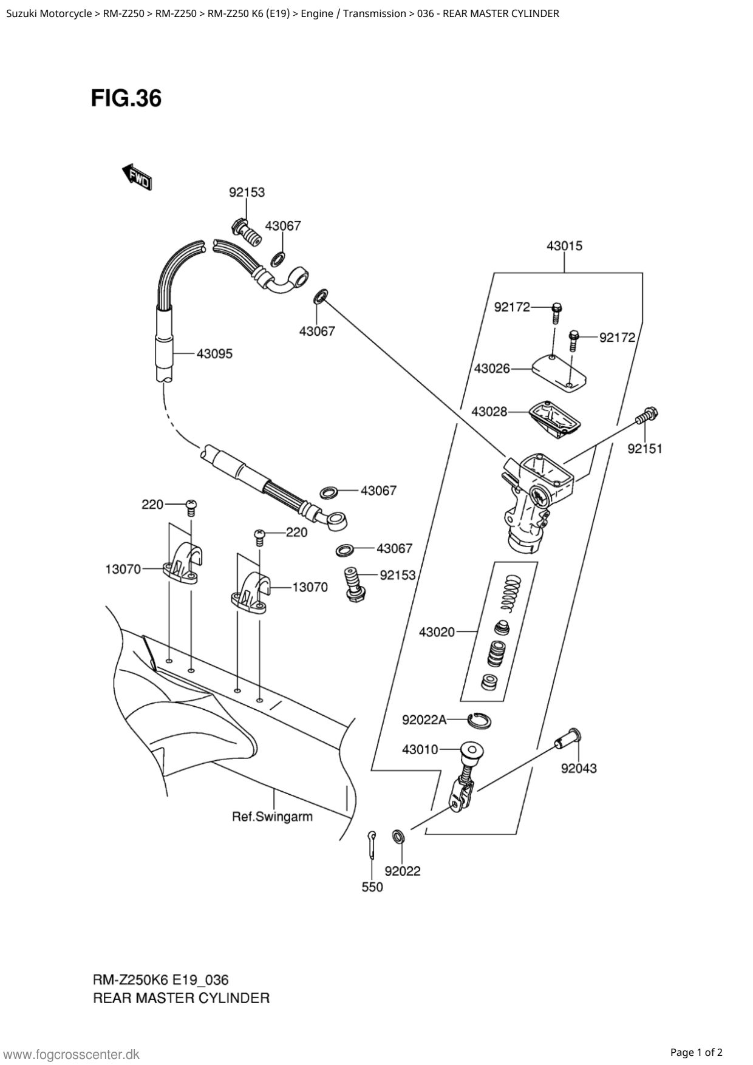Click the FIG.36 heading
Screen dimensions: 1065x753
tap(126, 98)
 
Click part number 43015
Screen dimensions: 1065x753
tap(564, 246)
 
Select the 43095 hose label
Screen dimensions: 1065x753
tap(214, 353)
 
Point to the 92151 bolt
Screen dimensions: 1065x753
tap(647, 417)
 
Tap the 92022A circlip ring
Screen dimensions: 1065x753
tap(480, 721)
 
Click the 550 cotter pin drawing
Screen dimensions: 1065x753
tap(371, 844)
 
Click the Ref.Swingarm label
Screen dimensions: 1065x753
tap(272, 817)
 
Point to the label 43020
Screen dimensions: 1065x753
tap(437, 632)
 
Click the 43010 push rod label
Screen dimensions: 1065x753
tap(420, 749)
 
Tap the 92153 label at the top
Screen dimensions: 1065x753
tap(247, 192)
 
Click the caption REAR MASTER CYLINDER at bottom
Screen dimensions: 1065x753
tap(181, 998)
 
